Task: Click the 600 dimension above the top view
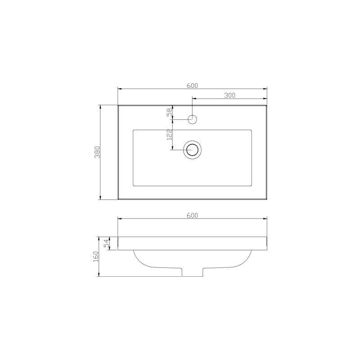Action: coord(192,85)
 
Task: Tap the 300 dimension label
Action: coord(229,95)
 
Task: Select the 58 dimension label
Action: coord(170,112)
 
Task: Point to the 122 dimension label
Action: coord(170,135)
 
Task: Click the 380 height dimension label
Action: coord(97,152)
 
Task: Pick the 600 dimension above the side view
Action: coord(192,216)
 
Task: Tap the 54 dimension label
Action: coord(106,243)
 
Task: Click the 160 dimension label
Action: coord(95,256)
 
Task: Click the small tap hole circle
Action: coord(193,119)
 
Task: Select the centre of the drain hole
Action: coord(193,150)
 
